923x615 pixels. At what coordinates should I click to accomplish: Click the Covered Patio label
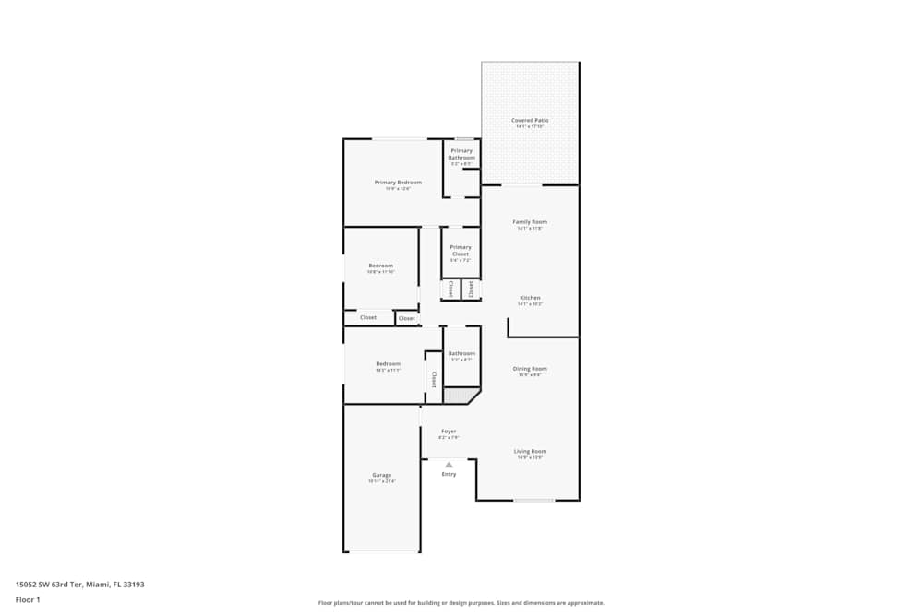click(530, 120)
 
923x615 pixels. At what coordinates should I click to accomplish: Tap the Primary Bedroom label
click(398, 183)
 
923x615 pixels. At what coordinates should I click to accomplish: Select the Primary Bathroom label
click(461, 154)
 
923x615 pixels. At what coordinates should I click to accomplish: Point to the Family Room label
click(530, 221)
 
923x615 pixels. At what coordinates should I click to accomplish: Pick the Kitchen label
click(530, 298)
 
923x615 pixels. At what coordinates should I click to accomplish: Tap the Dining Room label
click(530, 369)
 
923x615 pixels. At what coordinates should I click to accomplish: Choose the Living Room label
click(530, 451)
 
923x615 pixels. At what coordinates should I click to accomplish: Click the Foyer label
click(449, 431)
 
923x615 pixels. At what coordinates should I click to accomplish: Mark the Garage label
click(381, 475)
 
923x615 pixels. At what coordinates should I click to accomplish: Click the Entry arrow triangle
click(449, 465)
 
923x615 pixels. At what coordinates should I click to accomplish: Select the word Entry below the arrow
click(449, 474)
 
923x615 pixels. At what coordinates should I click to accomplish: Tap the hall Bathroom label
click(461, 353)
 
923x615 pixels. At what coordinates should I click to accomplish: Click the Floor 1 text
click(28, 599)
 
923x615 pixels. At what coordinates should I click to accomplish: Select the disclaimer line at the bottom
click(461, 603)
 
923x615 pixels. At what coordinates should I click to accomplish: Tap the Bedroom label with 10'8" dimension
click(380, 266)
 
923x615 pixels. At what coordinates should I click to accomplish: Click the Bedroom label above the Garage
click(388, 363)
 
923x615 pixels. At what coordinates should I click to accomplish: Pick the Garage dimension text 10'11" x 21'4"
click(381, 481)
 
